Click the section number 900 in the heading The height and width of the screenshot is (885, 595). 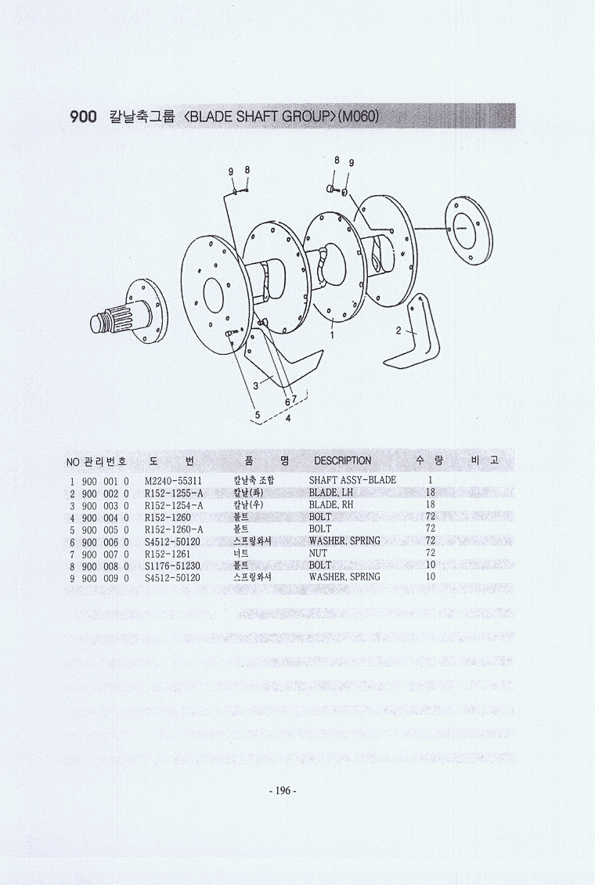coord(83,117)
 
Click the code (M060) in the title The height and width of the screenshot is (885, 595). coord(358,116)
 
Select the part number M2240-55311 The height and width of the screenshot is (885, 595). coord(173,481)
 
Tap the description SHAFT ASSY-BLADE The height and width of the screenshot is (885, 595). coord(352,480)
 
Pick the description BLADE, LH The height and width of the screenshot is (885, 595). coord(331,493)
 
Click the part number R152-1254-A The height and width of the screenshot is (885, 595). coord(174,505)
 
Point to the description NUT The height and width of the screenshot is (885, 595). coord(318,554)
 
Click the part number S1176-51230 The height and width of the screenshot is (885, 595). coord(172,565)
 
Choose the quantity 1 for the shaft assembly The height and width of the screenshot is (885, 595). coord(431,480)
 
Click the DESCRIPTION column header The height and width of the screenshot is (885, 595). coord(342,461)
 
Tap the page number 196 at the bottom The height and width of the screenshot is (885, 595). coord(282,791)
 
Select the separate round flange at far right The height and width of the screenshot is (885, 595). coord(468,230)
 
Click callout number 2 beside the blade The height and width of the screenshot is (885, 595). coord(398,331)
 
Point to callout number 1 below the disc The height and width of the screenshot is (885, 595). coord(332,335)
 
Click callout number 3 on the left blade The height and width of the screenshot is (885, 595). coord(255,386)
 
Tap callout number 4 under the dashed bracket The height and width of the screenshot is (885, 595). coord(288,419)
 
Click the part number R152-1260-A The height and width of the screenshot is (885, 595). coord(174,529)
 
